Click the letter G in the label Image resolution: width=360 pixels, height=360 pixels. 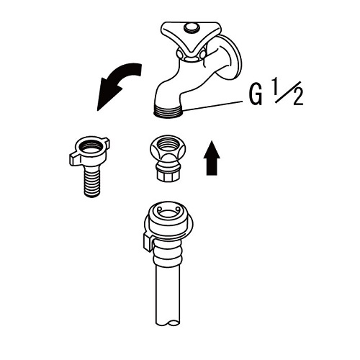[256, 93]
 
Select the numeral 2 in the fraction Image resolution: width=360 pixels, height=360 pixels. [298, 96]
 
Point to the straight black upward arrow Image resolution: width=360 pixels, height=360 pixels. [212, 158]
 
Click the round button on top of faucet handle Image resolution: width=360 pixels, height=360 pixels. [192, 27]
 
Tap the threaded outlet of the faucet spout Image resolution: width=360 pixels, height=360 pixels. [168, 111]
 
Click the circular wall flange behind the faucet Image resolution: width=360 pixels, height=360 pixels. [230, 58]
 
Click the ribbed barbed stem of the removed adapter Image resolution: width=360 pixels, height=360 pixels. [92, 181]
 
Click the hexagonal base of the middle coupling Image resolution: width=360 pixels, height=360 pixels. [167, 174]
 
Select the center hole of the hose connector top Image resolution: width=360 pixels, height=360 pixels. [168, 212]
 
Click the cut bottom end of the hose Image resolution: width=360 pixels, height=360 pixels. [168, 323]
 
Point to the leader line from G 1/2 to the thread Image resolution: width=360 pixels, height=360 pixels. [213, 106]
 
